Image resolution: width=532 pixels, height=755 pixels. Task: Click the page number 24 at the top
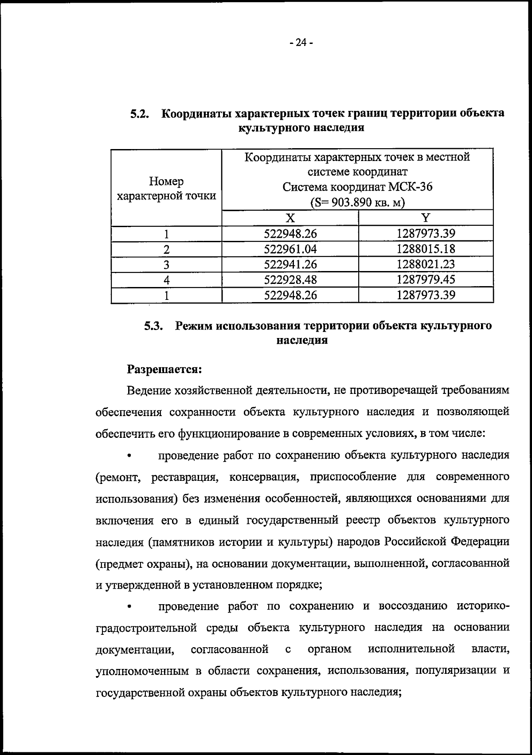tap(301, 43)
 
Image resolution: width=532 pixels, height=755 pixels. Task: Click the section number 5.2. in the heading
tap(141, 114)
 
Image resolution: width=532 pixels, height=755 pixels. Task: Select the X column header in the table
tap(290, 218)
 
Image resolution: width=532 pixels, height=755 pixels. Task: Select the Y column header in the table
tap(426, 218)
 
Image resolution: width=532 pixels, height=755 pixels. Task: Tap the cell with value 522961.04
tap(290, 249)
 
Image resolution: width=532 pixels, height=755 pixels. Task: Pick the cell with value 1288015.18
tap(426, 248)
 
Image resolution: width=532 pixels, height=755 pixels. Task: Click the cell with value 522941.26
tap(290, 264)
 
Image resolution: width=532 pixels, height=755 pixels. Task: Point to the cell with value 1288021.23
tap(426, 264)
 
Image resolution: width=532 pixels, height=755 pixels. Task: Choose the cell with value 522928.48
tap(290, 280)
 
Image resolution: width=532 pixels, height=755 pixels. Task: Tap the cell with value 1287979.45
tap(426, 279)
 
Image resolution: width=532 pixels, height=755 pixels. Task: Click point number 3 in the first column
tap(166, 265)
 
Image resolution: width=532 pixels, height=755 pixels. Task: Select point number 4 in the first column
tap(166, 280)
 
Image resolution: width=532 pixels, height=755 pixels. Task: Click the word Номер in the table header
tap(166, 181)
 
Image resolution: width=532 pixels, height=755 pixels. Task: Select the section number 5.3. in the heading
tap(154, 326)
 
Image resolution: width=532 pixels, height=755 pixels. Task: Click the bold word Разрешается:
tap(164, 369)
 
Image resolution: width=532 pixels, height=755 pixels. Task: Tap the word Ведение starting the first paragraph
tap(149, 390)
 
